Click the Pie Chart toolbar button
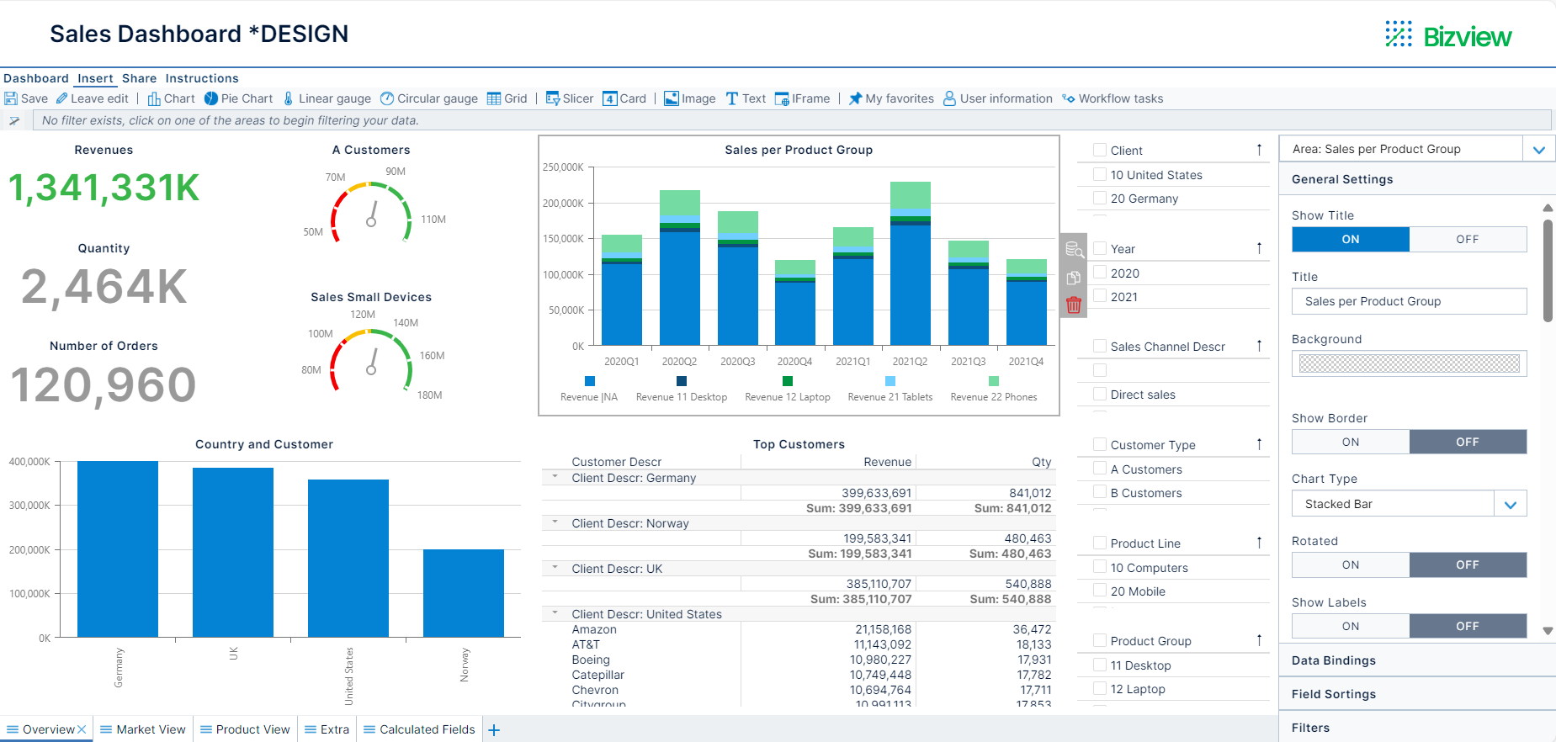239,98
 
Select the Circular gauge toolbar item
429,98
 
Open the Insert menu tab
95,78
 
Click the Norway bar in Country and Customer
464,593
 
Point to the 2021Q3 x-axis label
968,361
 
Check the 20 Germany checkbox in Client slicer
1100,199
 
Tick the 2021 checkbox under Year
1100,297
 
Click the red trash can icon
1074,305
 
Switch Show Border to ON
1351,442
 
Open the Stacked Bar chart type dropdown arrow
1510,504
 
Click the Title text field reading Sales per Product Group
1409,301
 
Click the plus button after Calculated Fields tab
494,729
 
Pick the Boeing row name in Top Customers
591,660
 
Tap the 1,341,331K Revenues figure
104,188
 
